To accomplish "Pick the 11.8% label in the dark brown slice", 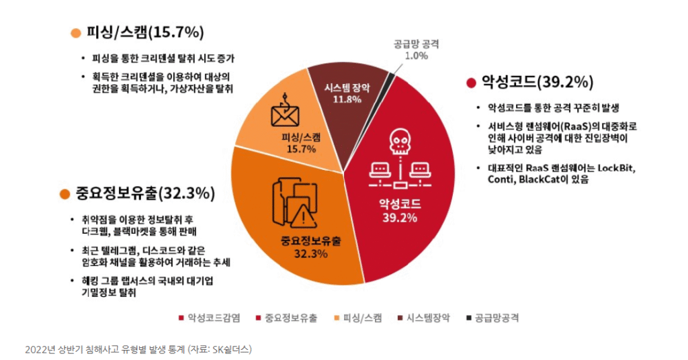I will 347,99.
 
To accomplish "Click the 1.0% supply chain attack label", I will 417,56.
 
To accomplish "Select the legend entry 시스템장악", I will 428,318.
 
